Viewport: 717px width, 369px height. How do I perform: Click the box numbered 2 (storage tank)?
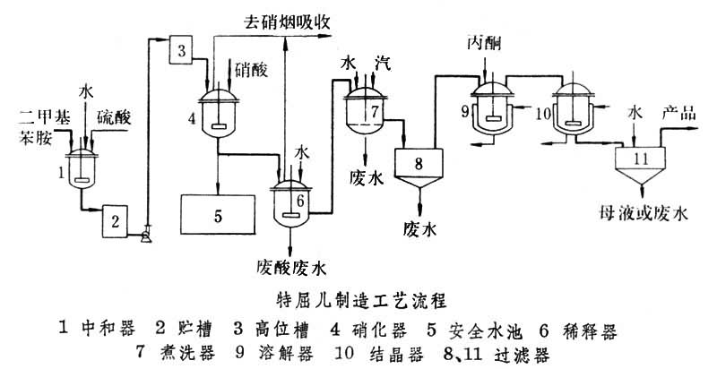pyautogui.click(x=117, y=218)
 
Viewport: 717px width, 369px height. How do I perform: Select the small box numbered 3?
pyautogui.click(x=180, y=51)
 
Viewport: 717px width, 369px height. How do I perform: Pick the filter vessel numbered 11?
pyautogui.click(x=639, y=159)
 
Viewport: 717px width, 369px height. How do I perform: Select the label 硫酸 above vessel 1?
pyautogui.click(x=113, y=118)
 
